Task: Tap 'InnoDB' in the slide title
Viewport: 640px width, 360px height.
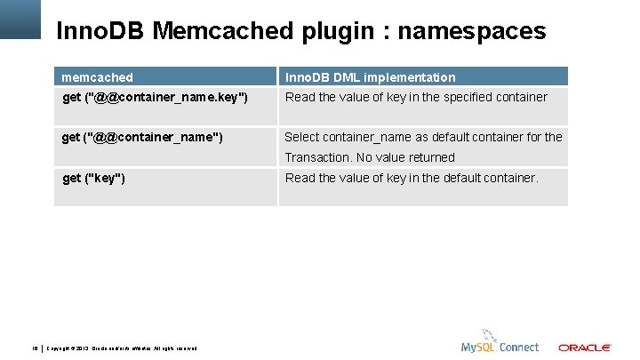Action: coord(100,32)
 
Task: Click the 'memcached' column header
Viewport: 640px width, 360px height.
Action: coord(97,77)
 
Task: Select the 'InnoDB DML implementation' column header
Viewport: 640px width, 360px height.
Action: coord(370,77)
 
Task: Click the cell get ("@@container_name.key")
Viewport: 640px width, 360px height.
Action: coord(155,97)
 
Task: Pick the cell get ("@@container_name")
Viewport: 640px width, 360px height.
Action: coord(142,137)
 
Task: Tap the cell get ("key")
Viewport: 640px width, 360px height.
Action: coord(93,178)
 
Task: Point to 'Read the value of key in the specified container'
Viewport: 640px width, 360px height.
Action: coord(416,97)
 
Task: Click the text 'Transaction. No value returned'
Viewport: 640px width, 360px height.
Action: coord(370,157)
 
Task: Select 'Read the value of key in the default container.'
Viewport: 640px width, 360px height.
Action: coord(412,178)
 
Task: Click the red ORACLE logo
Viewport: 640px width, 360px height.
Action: coord(584,348)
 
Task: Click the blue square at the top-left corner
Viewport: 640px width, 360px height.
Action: coord(20,19)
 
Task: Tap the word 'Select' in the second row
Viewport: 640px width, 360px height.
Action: coord(303,137)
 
